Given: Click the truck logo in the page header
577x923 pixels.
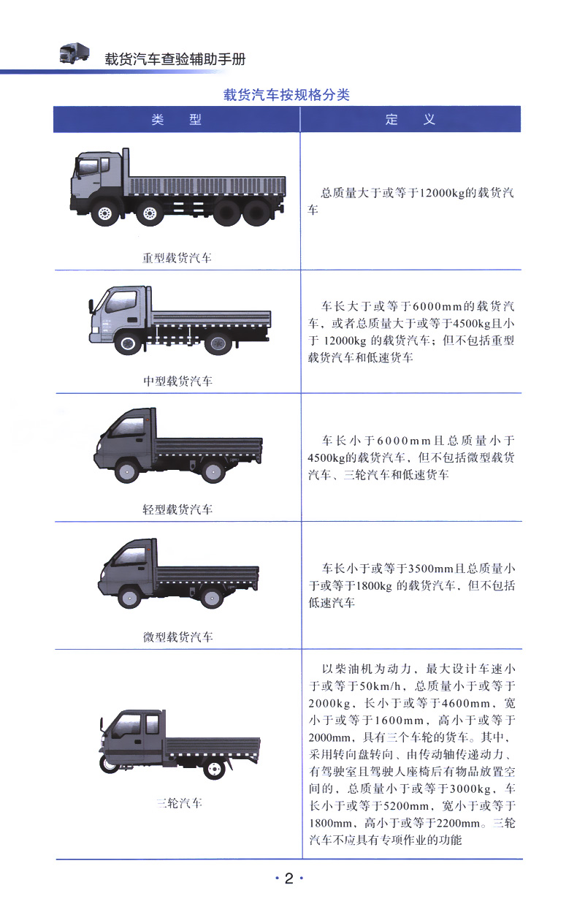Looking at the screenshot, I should click(74, 53).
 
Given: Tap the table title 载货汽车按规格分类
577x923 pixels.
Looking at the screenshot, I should click(286, 95).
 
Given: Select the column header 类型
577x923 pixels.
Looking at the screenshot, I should click(176, 120).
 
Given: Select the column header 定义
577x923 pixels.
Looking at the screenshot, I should click(410, 120).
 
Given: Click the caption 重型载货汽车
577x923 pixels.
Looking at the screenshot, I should click(177, 258).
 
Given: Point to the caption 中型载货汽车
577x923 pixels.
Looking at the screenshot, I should click(177, 381).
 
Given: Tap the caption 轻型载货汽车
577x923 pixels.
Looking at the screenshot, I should click(177, 509).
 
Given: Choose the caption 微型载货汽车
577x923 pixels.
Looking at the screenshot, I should click(177, 637).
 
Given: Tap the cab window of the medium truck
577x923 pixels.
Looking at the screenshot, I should click(122, 302).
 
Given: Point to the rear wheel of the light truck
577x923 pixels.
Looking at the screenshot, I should click(213, 471).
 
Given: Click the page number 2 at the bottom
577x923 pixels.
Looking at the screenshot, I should click(288, 878).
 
